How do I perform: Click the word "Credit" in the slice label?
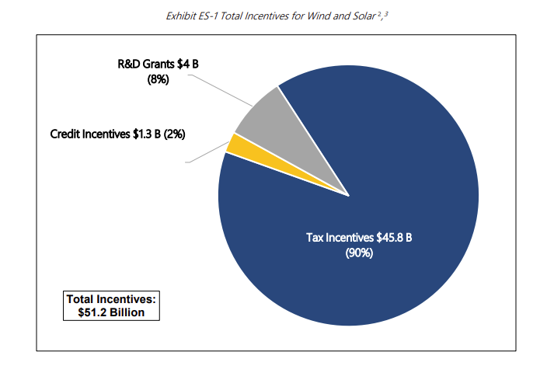(65, 133)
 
